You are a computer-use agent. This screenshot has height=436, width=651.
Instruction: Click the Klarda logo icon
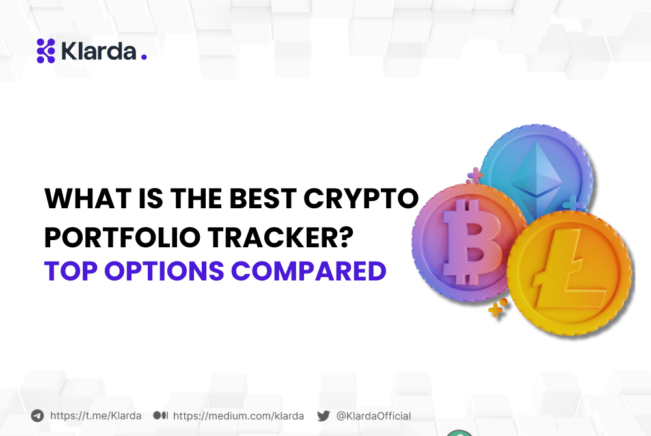click(x=46, y=51)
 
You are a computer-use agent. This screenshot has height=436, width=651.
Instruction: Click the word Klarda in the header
click(x=98, y=51)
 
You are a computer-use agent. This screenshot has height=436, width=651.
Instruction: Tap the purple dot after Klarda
click(x=144, y=57)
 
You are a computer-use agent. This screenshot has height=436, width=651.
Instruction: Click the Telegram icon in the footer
click(x=37, y=416)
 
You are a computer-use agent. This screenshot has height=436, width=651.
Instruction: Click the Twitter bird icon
click(x=323, y=416)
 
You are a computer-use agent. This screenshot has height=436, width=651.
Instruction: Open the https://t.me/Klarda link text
click(x=96, y=416)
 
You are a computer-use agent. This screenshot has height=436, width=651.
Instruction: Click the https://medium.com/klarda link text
click(x=238, y=416)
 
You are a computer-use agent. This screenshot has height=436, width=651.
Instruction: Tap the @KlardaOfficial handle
click(x=374, y=416)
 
